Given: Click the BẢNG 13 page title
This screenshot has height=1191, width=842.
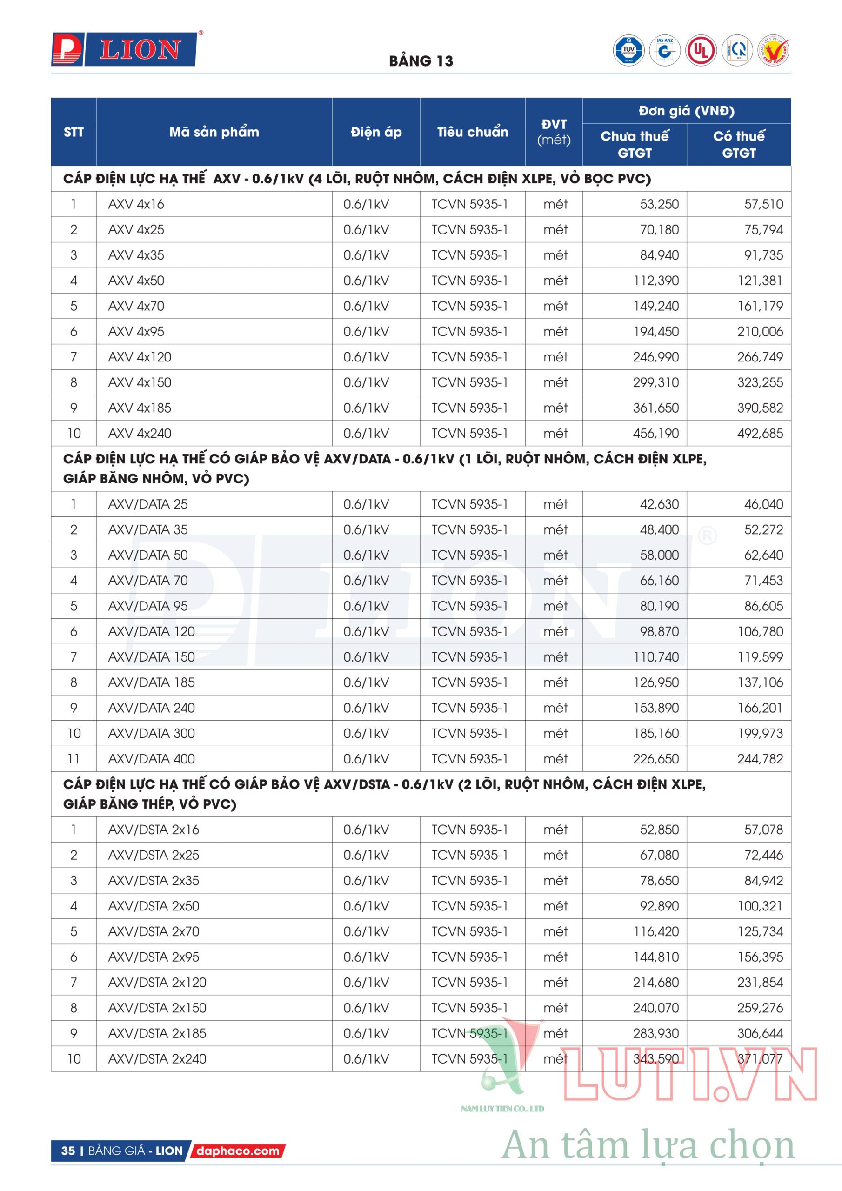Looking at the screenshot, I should [421, 61].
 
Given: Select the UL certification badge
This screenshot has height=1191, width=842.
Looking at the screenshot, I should [701, 50].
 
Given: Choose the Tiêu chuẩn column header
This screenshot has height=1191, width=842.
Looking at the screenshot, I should [472, 132].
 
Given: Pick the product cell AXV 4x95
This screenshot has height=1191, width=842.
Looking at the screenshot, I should [136, 331].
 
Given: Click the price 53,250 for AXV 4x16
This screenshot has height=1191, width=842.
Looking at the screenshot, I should [659, 204].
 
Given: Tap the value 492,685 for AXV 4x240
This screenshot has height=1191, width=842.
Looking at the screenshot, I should [760, 433].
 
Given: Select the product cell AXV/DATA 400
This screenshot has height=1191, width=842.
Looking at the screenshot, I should [151, 759].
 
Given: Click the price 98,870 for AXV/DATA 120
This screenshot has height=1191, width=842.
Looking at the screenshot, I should [659, 631].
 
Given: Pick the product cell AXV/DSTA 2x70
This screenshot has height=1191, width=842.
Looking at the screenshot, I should [153, 931].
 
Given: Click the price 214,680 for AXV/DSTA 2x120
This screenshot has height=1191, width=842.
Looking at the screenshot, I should [656, 982].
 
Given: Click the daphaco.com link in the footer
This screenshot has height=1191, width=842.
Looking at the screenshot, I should [238, 1151].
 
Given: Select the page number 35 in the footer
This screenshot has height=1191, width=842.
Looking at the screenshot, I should [68, 1151].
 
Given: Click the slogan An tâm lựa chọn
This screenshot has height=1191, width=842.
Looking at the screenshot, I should [648, 1145].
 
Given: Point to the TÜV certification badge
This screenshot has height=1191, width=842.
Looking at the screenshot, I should [629, 50].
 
